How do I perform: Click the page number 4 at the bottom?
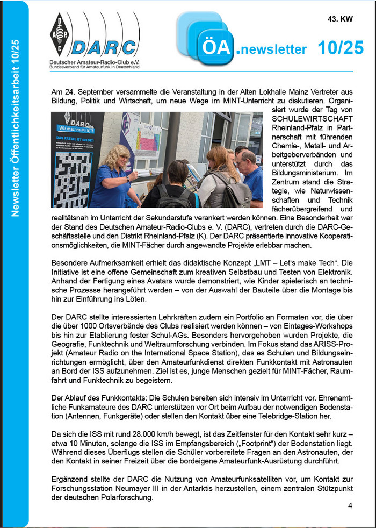pos(350,506)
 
